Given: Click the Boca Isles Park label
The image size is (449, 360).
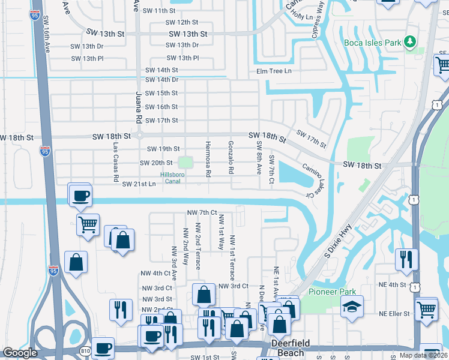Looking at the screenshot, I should [372, 43].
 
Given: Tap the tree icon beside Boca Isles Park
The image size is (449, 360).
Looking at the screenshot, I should [410, 41].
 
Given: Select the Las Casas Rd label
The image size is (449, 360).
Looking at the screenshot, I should [115, 163].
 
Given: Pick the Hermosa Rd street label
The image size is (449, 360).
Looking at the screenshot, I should [208, 159].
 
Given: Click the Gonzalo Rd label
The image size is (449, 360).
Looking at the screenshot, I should [231, 158].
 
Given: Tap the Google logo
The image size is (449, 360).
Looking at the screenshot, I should [20, 353].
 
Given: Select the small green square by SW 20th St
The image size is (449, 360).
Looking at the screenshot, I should [185, 162].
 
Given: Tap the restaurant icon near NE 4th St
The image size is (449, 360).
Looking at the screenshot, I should [407, 259].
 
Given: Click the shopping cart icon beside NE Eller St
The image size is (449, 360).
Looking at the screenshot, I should [427, 310].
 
